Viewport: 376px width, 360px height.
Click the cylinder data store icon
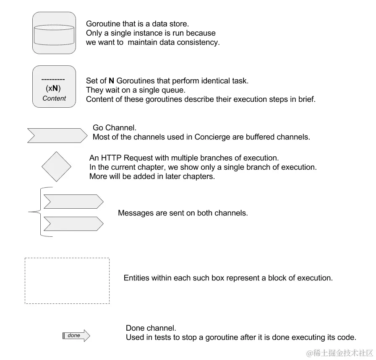click(54, 35)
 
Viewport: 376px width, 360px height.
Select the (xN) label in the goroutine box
click(53, 89)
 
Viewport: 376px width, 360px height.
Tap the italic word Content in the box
click(54, 98)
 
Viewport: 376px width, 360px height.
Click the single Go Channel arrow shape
click(56, 135)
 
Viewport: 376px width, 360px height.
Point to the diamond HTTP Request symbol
click(56, 167)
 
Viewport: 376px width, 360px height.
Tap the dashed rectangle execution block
click(67, 280)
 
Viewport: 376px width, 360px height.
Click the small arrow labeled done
click(76, 336)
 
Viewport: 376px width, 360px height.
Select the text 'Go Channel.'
click(115, 128)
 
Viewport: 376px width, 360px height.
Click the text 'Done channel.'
click(151, 328)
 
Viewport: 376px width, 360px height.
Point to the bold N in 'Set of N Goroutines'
click(111, 81)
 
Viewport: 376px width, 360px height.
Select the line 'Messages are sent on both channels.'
click(183, 213)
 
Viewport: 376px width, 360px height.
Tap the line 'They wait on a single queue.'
click(136, 90)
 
